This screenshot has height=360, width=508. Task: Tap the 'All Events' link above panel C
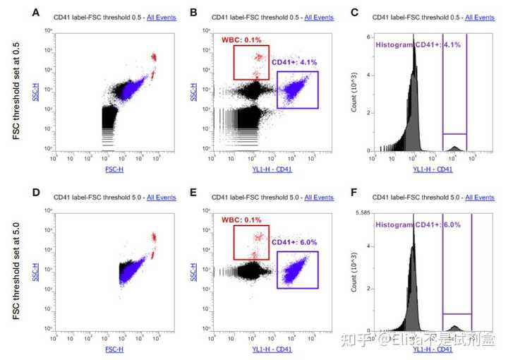pyautogui.click(x=477, y=17)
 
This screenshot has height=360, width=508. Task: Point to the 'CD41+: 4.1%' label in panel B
pyautogui.click(x=293, y=61)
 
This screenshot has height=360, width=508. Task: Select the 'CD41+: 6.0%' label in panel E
pyautogui.click(x=293, y=242)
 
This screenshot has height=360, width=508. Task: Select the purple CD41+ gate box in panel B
pyautogui.click(x=298, y=90)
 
